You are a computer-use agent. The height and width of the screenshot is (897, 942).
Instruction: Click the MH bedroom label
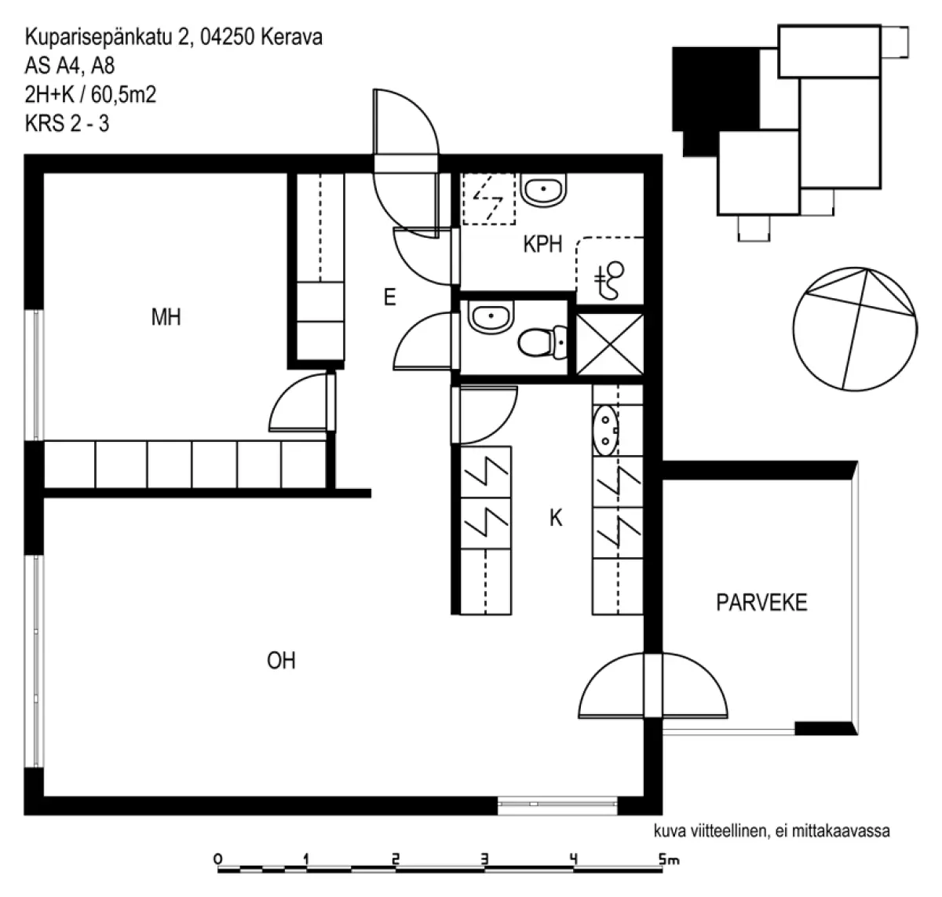[166, 317]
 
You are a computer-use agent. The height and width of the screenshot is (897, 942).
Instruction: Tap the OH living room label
[281, 661]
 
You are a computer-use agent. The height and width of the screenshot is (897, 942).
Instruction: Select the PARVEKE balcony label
[761, 602]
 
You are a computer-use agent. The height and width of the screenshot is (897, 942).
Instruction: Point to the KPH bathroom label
[542, 244]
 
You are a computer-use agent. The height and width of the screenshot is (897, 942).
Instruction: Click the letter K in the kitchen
[555, 517]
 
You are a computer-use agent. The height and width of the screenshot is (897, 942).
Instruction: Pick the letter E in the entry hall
[389, 297]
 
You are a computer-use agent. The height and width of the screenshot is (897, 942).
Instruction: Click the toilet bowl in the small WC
[542, 342]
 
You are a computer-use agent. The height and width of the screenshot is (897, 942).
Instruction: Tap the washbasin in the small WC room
[491, 316]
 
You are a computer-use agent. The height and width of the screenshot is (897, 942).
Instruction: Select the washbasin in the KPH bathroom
[543, 190]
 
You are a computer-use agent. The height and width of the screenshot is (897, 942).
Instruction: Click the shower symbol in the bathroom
[608, 280]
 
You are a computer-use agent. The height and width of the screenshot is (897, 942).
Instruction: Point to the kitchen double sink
[606, 430]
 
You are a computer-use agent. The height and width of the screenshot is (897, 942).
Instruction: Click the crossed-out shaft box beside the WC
[609, 344]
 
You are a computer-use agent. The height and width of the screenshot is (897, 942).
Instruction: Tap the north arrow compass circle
[856, 329]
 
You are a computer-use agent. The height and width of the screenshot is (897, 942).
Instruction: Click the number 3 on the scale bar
[484, 859]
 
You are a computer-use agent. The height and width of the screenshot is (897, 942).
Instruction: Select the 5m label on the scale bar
[668, 859]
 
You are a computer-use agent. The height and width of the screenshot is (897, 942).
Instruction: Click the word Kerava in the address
[291, 37]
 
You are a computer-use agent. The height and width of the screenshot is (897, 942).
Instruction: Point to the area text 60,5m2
[123, 94]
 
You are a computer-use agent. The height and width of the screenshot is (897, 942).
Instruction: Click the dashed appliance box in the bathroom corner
[489, 199]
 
